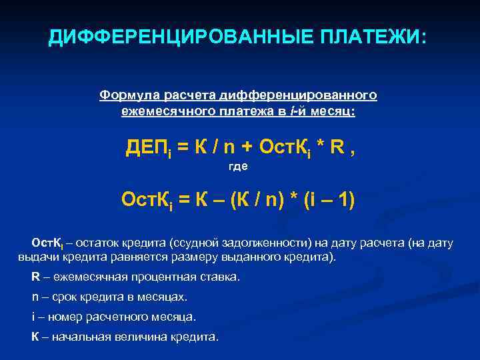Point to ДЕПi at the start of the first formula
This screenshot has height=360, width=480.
[147, 146]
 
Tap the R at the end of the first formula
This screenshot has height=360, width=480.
[340, 146]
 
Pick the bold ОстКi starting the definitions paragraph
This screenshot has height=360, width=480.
[47, 243]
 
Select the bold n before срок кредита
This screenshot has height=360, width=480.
[35, 297]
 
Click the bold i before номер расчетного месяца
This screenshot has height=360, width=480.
[33, 317]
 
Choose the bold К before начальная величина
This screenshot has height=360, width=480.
[35, 337]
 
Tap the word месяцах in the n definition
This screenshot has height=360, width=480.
[165, 297]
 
